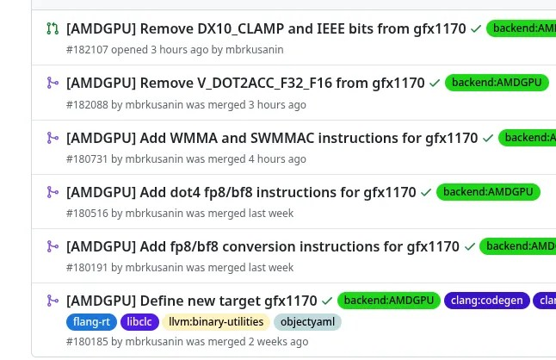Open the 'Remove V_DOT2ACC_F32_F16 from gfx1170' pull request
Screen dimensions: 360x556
pyautogui.click(x=245, y=84)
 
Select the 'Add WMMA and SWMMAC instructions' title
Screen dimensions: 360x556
pyautogui.click(x=271, y=138)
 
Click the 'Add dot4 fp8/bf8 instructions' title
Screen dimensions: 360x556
pyautogui.click(x=241, y=192)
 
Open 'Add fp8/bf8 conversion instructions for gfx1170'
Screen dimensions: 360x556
pyautogui.click(x=263, y=246)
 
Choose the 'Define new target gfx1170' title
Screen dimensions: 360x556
pyautogui.click(x=191, y=301)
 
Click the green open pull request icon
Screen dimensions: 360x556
pyautogui.click(x=53, y=29)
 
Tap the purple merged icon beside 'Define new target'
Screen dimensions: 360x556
pyautogui.click(x=53, y=301)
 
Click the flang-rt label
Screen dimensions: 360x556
pyautogui.click(x=90, y=322)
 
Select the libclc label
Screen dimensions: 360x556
pyautogui.click(x=139, y=322)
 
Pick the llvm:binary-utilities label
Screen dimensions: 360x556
pyautogui.click(x=216, y=322)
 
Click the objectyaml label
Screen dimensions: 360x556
pyautogui.click(x=307, y=322)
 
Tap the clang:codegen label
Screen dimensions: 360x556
pyautogui.click(x=485, y=301)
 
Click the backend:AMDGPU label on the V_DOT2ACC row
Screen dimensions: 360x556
pyautogui.click(x=497, y=84)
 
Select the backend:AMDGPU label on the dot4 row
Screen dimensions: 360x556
pyautogui.click(x=488, y=192)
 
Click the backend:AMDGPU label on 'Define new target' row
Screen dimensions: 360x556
pyautogui.click(x=388, y=301)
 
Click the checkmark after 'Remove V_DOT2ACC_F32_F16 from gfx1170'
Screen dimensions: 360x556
pyautogui.click(x=435, y=84)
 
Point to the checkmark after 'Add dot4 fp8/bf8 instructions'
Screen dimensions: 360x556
pyautogui.click(x=426, y=192)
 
